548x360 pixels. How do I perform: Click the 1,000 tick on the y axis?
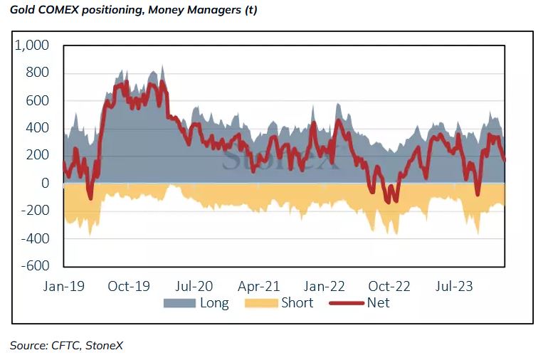(32, 46)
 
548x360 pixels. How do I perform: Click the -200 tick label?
(35, 211)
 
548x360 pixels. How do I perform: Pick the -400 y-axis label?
(35, 238)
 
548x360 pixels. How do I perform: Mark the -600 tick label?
(35, 265)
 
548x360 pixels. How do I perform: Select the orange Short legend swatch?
(261, 303)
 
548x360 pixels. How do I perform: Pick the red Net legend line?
(346, 303)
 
